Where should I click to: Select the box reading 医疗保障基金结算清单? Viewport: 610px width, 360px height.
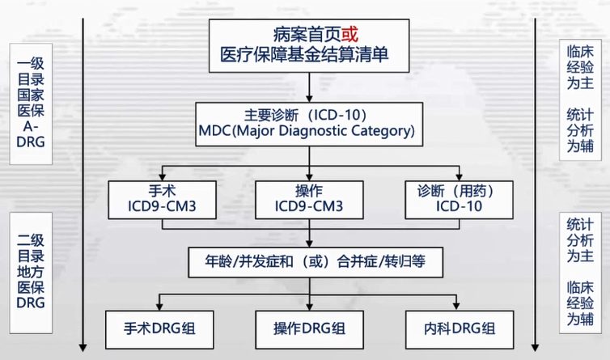pos(311,54)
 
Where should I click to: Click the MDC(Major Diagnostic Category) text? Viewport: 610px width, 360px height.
pos(311,129)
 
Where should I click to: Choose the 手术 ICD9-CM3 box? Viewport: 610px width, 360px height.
pos(163,200)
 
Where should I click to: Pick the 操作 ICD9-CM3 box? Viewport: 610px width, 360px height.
pos(311,200)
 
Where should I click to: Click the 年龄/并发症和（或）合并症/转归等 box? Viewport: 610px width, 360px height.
pos(311,263)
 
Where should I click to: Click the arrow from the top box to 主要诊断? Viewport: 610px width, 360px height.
pos(311,86)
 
